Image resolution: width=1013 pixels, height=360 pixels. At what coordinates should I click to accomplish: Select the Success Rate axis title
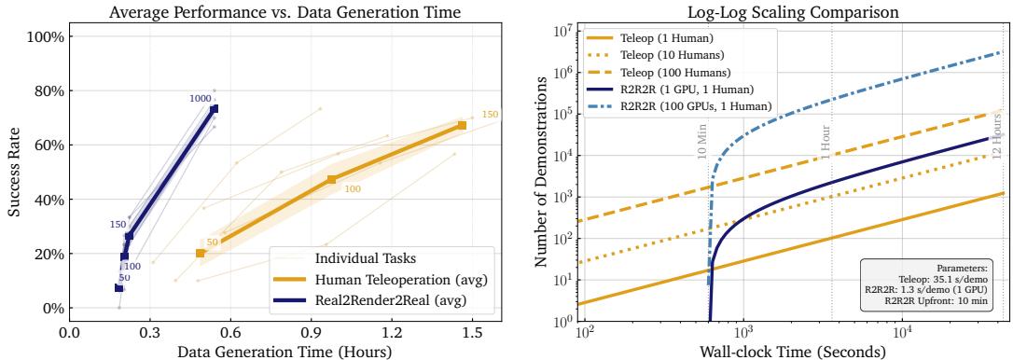pyautogui.click(x=15, y=173)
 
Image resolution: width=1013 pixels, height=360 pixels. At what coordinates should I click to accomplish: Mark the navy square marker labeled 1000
pyautogui.click(x=214, y=109)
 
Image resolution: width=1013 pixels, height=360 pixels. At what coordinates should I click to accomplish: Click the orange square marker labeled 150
pyautogui.click(x=462, y=125)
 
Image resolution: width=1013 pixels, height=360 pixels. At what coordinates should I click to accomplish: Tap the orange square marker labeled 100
pyautogui.click(x=331, y=179)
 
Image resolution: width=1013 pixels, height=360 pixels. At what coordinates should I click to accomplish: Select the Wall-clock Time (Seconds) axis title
pyautogui.click(x=792, y=350)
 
